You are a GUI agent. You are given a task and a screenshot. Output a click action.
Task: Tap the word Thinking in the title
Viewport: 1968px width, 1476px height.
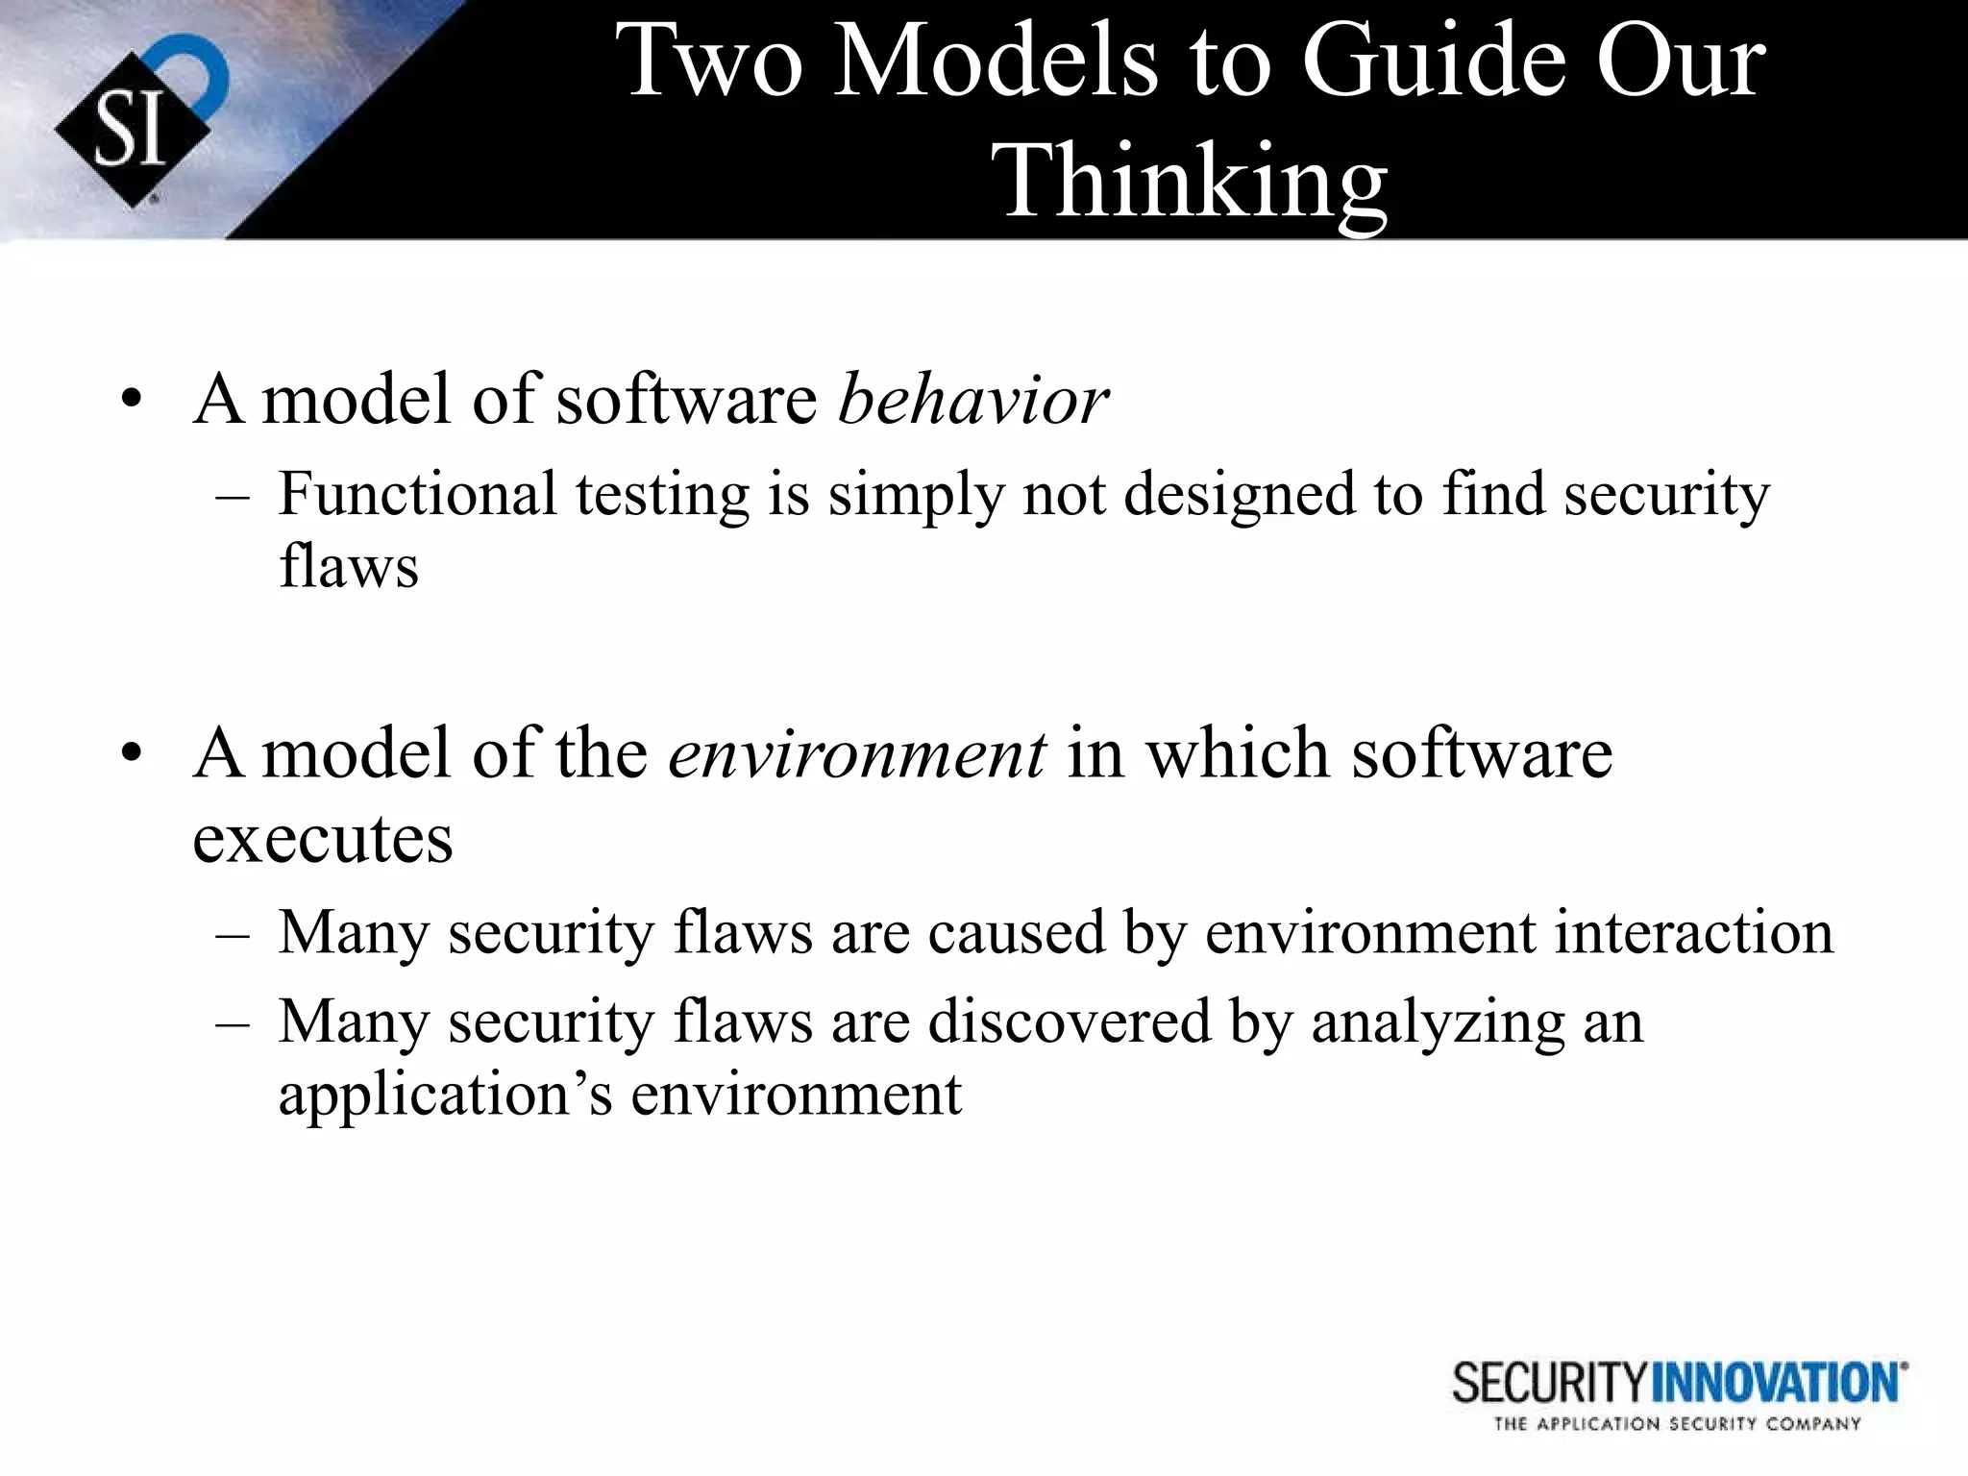click(x=1194, y=181)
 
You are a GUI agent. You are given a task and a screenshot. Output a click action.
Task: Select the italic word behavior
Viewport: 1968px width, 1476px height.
click(x=972, y=399)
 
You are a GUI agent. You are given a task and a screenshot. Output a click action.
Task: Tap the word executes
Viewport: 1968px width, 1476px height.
click(x=322, y=839)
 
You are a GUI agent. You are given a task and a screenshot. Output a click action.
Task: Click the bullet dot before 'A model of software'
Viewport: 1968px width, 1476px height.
click(x=132, y=401)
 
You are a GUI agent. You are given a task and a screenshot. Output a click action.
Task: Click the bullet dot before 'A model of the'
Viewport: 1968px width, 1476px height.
click(x=132, y=754)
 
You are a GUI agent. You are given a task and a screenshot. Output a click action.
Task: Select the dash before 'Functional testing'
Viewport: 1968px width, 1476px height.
click(x=234, y=498)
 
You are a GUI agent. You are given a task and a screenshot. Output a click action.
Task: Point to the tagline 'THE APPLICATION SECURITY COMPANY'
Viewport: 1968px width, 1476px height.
click(x=1677, y=1424)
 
